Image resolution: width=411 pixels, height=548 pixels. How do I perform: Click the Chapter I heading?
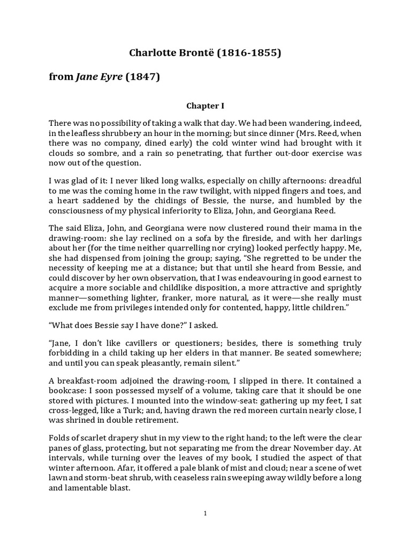coord(205,106)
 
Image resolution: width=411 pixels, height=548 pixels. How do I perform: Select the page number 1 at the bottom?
coord(205,514)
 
